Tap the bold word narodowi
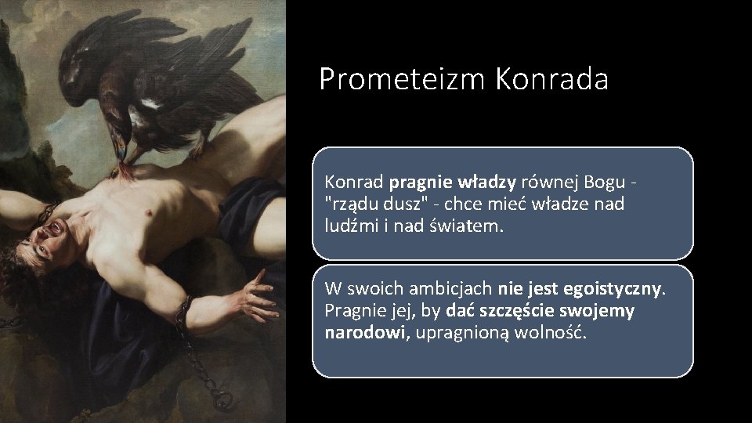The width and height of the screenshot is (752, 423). pyautogui.click(x=365, y=332)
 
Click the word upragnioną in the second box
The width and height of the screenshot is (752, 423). pyautogui.click(x=461, y=332)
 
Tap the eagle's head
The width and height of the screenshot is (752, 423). pyautogui.click(x=118, y=126)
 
